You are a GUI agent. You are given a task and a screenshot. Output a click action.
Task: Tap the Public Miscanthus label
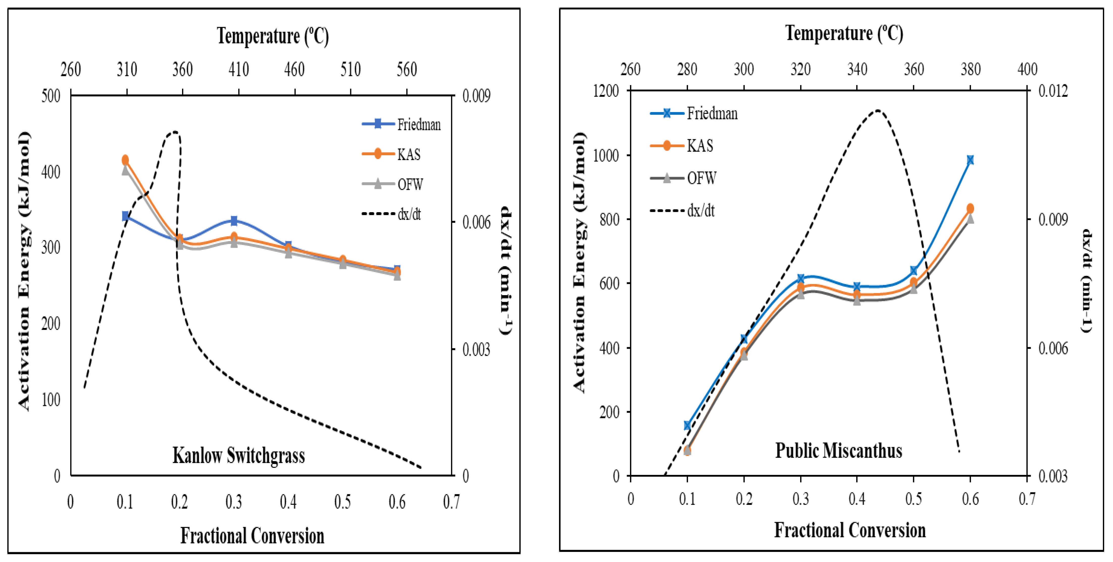coord(838,451)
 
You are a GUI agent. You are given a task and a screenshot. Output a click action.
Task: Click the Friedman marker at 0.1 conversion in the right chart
coord(687,425)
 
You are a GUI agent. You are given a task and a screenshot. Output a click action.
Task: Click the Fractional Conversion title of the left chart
coord(252,536)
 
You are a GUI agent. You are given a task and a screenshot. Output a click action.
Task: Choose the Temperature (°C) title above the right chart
coord(844,34)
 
